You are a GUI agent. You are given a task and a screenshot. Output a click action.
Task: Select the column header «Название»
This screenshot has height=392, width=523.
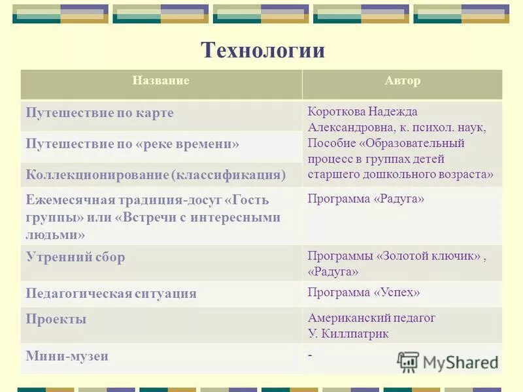coord(161,81)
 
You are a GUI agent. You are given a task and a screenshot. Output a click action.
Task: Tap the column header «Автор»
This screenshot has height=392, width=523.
coord(403,81)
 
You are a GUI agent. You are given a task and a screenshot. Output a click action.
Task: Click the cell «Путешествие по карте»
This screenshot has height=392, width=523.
coord(100,113)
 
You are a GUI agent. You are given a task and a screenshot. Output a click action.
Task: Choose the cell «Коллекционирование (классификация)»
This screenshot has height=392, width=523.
coord(156,175)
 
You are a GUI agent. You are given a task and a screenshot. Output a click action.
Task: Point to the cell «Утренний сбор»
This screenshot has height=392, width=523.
coord(75,257)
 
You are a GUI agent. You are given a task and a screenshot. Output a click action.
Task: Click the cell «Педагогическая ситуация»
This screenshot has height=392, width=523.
coord(111,293)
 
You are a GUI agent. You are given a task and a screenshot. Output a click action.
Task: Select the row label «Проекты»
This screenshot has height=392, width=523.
coord(56,319)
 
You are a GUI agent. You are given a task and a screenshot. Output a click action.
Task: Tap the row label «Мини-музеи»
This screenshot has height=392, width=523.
coord(67,356)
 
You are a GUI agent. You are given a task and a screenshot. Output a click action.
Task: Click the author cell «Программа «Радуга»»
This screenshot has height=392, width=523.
coord(366,199)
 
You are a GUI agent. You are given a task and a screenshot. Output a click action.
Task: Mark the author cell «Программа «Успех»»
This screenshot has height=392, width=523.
coord(364,292)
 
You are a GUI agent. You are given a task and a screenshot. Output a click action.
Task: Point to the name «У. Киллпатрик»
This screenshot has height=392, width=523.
coord(348,333)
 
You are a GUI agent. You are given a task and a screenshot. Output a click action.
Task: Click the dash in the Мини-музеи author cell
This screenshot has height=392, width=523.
coord(310,354)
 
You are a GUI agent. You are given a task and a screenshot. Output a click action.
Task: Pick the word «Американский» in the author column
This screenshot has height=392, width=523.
coord(346,318)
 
